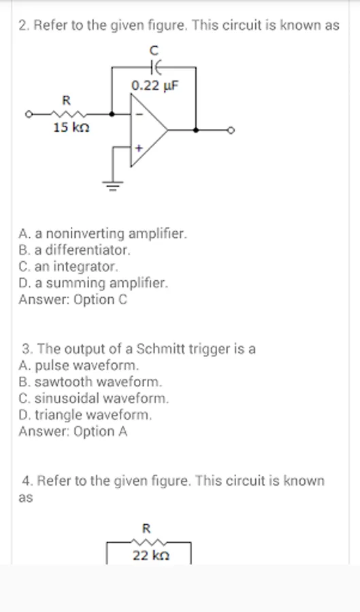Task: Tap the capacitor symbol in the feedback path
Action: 155,67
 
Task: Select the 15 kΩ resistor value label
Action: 71,127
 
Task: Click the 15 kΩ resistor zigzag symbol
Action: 68,114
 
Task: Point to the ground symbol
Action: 113,184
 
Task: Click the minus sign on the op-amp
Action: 141,114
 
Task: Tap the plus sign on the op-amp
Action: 139,148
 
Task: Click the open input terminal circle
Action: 28,114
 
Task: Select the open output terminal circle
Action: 231,131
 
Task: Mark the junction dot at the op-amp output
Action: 195,131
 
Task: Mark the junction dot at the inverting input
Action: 112,114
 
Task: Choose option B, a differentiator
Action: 73,250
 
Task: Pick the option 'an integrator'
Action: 68,267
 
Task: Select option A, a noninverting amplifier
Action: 103,234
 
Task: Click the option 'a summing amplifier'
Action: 94,283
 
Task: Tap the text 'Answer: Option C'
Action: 73,300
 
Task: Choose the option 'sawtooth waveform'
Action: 91,381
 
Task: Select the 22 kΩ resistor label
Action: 151,555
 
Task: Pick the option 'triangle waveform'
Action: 85,415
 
